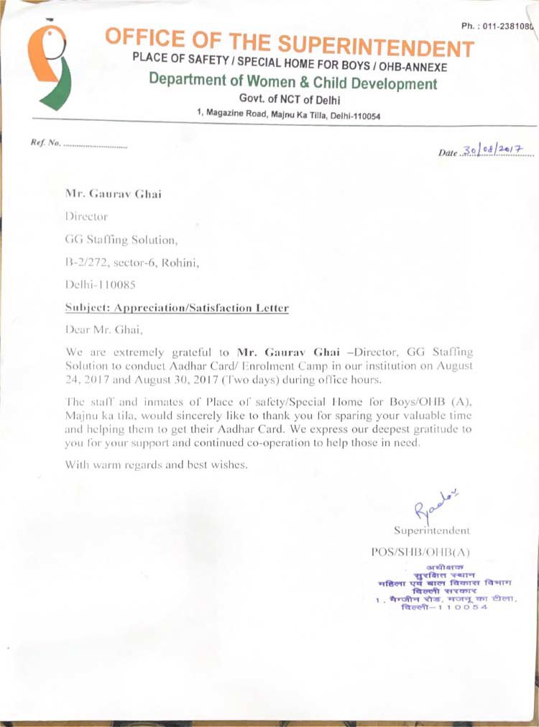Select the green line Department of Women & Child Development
(x=292, y=83)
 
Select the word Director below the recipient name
(x=86, y=215)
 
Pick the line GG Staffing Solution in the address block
(x=120, y=239)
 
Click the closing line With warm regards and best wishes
(x=157, y=464)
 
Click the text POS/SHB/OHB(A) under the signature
(x=418, y=552)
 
